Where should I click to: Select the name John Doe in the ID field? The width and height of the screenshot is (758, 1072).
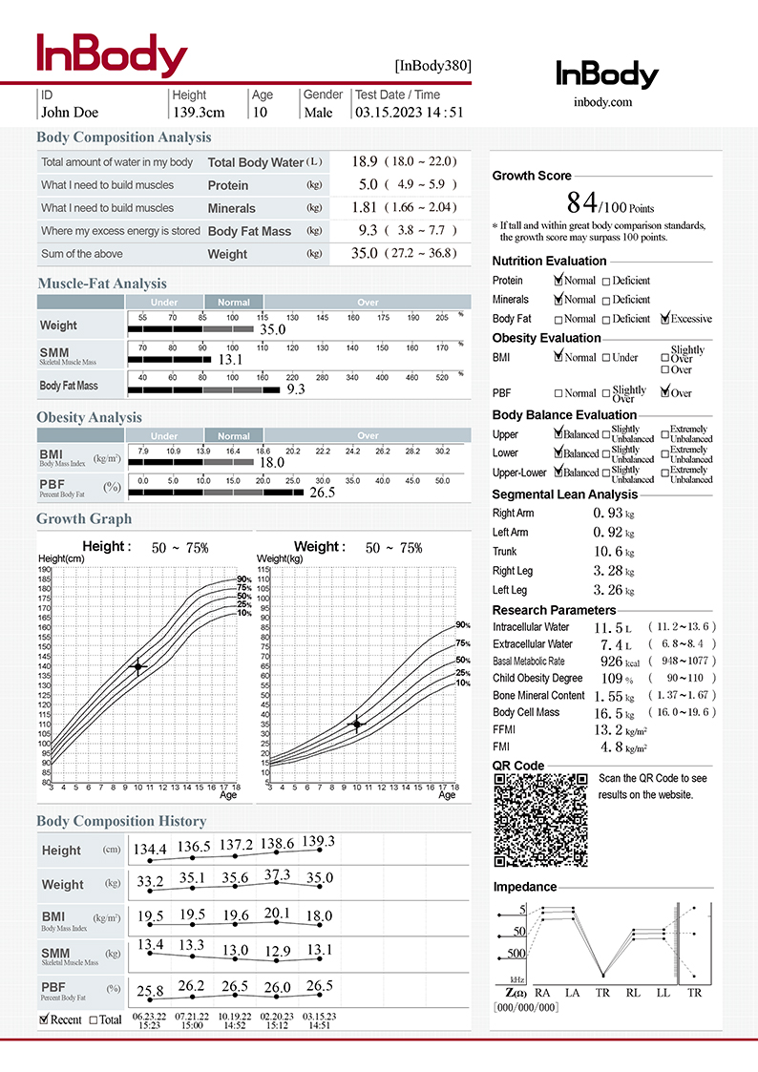70,113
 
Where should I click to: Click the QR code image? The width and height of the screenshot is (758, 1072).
539,819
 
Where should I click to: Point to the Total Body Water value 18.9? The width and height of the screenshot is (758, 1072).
365,161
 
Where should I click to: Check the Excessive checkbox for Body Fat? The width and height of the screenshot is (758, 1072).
666,319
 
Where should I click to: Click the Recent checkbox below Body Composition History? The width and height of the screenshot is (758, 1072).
45,1019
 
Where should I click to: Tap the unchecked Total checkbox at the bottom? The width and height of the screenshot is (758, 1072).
94,1019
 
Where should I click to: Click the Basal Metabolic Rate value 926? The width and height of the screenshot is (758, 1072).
611,661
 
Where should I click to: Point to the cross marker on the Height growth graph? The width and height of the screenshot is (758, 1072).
138,666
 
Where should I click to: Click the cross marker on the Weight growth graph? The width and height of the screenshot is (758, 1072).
357,724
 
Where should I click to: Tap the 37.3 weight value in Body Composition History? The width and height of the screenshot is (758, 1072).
277,875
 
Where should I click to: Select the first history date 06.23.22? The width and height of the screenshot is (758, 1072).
149,1017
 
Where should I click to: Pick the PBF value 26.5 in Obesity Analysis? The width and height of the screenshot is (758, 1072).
322,493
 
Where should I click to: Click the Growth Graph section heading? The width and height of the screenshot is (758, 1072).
84,519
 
